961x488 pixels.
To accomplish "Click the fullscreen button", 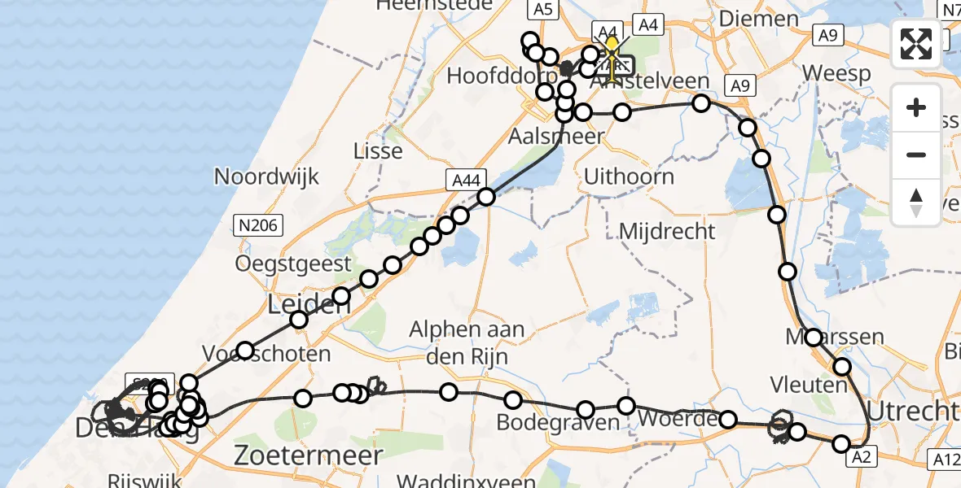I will (916, 43).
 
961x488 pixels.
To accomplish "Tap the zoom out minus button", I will (916, 155).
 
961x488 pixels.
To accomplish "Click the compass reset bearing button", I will (916, 202).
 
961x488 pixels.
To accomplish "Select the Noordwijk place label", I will (266, 176).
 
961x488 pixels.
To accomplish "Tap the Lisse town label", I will (378, 150).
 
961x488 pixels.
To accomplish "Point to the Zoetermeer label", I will (309, 455).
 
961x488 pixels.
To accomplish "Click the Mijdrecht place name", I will (667, 231).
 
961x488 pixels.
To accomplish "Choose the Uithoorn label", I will (629, 176).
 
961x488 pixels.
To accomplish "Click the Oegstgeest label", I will (293, 264).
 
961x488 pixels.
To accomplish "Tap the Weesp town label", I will (836, 73).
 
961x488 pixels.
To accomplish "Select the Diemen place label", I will (759, 19).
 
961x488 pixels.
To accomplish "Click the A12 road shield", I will (945, 460).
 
